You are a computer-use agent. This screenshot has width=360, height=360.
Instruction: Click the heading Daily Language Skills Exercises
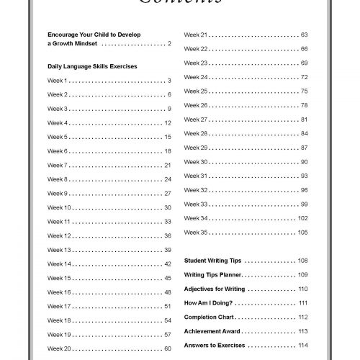point(92,66)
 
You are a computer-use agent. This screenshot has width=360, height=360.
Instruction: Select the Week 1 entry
point(58,81)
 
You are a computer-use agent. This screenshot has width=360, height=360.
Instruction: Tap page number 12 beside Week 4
point(167,123)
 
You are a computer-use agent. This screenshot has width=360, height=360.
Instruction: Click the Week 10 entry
point(59,207)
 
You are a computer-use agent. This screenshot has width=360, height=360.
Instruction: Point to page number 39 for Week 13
point(167,250)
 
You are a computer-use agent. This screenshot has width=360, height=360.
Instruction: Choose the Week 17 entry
point(59,306)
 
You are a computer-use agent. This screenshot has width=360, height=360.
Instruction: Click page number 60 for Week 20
point(167,348)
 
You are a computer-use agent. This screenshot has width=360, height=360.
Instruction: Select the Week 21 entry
point(196,35)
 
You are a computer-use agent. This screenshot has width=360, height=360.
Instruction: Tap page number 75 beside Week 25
point(304,91)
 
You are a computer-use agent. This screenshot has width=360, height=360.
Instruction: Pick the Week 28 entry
point(196,133)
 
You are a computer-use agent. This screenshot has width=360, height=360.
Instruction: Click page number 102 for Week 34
point(302,218)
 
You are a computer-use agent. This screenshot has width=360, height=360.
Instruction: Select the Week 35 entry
point(196,232)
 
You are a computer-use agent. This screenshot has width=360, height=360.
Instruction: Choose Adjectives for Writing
point(215,289)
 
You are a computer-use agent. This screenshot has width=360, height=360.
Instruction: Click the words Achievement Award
point(212,331)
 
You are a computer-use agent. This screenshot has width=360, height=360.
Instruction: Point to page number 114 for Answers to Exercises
point(302,346)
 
